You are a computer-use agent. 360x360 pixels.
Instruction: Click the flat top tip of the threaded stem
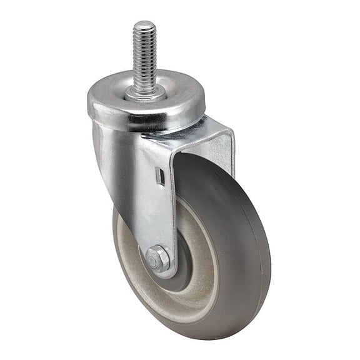(144, 25)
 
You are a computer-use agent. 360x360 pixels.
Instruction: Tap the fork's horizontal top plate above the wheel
(187, 134)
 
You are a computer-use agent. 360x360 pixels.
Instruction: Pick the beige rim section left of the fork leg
(128, 250)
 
